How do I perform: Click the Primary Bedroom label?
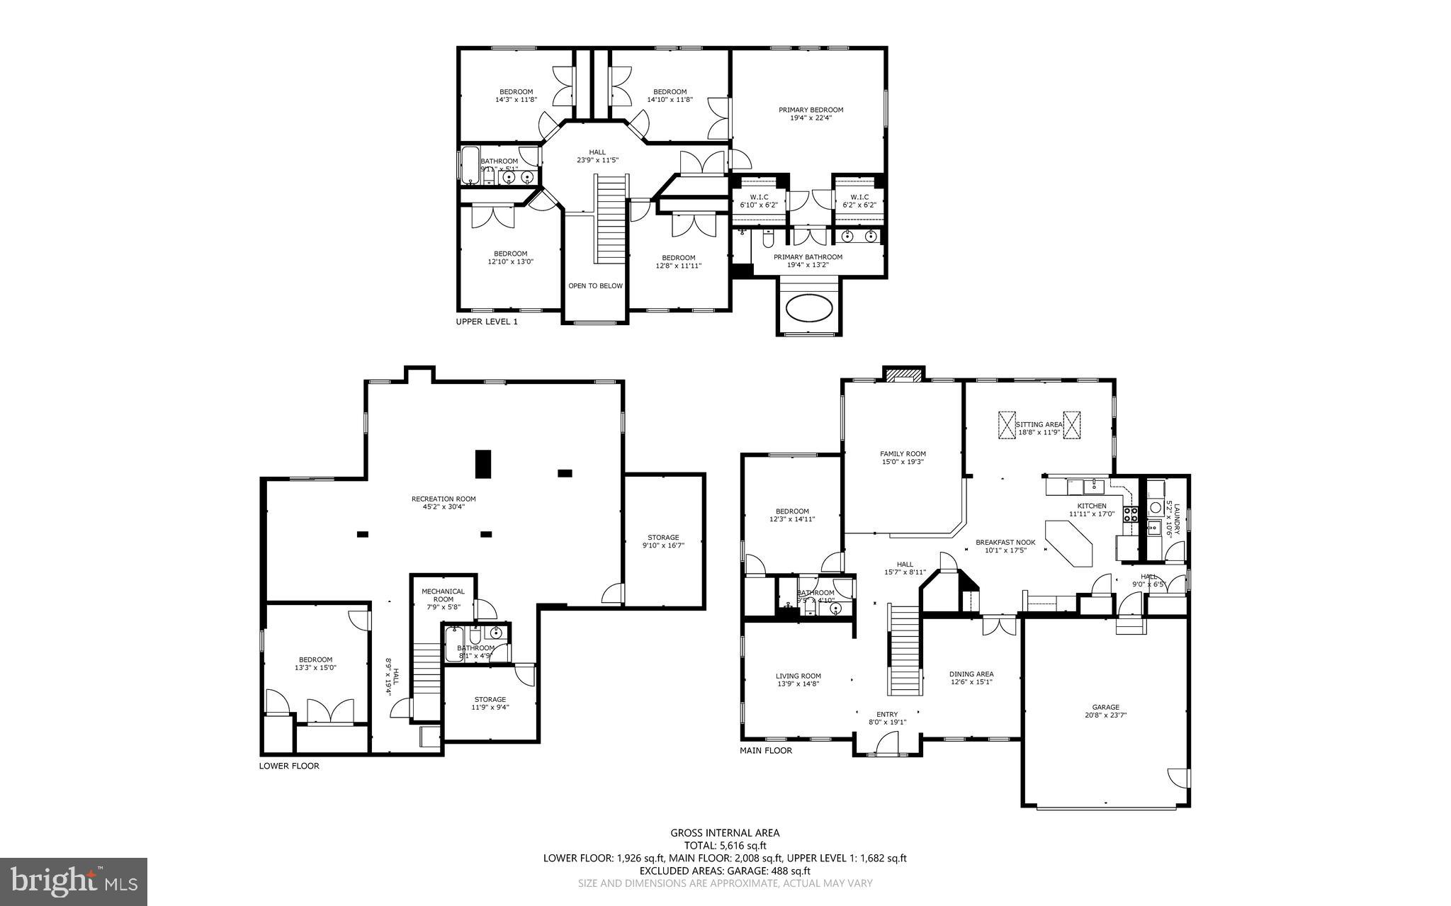tap(811, 114)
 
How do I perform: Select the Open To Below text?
tap(595, 286)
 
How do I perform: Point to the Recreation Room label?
tap(444, 502)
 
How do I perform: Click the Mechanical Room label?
tap(443, 599)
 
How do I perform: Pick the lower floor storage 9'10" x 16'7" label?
tap(663, 541)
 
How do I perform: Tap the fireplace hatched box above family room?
tap(903, 373)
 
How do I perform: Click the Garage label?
tap(1105, 710)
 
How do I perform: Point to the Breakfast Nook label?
tap(1005, 545)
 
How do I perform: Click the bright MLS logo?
tap(74, 881)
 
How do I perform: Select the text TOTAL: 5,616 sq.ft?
tap(725, 845)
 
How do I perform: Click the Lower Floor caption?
tap(289, 766)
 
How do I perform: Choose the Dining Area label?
tap(971, 678)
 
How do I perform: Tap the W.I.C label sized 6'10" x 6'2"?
tap(758, 200)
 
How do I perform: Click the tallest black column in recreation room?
tap(482, 463)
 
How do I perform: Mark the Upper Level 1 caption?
tap(487, 322)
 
